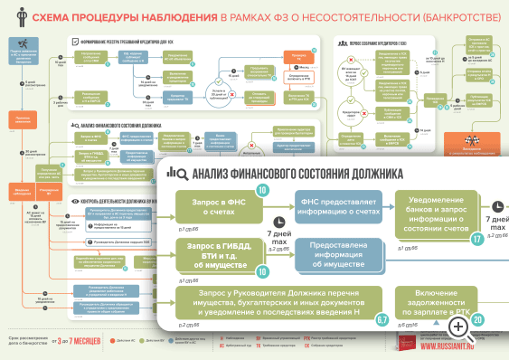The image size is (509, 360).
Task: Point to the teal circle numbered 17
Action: (477, 239)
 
